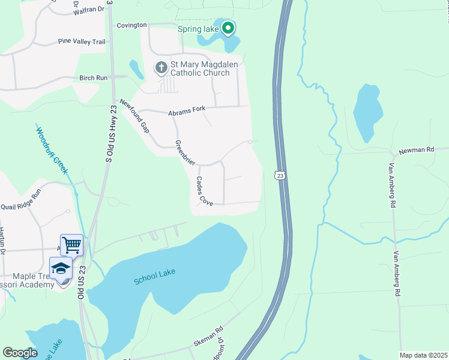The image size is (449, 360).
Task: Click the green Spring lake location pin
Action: coord(228,28)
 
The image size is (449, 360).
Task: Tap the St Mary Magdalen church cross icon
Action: coord(161,68)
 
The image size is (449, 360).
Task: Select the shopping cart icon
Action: coord(71,244)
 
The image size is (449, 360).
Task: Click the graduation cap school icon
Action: coord(61,268)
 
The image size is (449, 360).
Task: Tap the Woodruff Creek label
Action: coord(52,150)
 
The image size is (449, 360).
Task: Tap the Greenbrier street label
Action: coord(187,153)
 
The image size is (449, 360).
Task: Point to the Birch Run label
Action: coord(93,78)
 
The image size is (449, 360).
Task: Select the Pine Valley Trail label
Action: coord(82,41)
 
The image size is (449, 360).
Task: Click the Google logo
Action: coord(20,353)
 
